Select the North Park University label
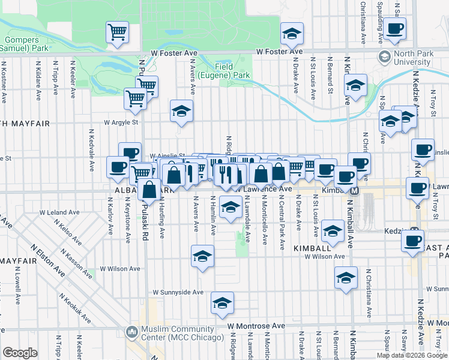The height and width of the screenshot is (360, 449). (x=412, y=58)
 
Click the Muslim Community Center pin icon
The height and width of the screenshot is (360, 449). (x=131, y=331)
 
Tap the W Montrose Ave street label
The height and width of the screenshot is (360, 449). (x=256, y=326)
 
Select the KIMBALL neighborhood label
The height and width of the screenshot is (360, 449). (x=312, y=247)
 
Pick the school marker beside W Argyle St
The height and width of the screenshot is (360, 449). (x=181, y=111)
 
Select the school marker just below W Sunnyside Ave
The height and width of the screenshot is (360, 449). (x=222, y=304)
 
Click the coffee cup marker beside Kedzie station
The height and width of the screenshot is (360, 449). (x=412, y=241)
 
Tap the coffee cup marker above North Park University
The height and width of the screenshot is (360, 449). (x=395, y=28)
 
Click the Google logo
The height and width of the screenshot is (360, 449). (x=20, y=353)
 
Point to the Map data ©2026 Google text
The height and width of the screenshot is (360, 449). (x=412, y=355)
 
